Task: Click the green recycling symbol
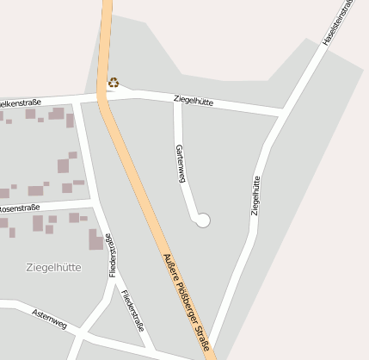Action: point(114,84)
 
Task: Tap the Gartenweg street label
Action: point(181,164)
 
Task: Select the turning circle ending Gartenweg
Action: point(203,220)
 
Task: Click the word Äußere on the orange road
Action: point(173,270)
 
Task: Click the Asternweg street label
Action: point(48,318)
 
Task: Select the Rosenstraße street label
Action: point(21,208)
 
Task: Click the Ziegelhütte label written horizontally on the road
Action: point(194,102)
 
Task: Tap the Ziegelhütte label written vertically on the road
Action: point(255,194)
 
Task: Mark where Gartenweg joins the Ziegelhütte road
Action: point(175,97)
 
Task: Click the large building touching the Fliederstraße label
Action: point(95,239)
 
